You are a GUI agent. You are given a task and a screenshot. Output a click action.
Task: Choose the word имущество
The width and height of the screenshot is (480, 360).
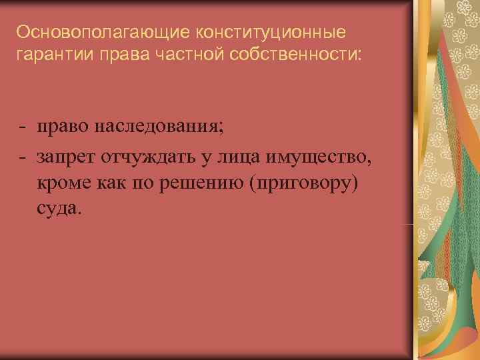(x=319, y=156)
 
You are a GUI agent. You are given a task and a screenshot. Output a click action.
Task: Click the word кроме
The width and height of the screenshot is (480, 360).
(x=64, y=183)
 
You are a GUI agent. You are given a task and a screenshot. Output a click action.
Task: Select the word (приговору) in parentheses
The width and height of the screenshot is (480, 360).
(x=303, y=183)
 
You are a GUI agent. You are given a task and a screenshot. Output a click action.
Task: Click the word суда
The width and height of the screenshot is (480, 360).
(x=59, y=209)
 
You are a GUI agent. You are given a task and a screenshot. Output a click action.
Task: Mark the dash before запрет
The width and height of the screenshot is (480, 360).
(x=23, y=157)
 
